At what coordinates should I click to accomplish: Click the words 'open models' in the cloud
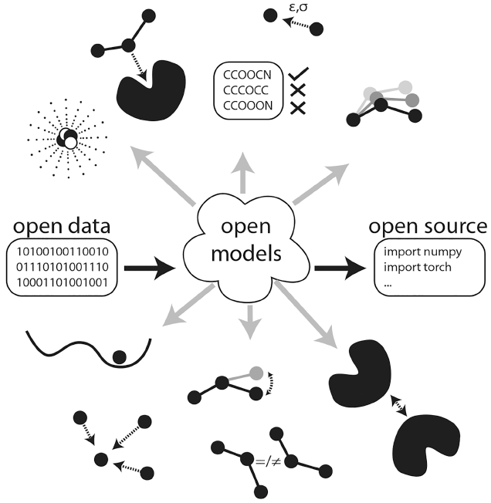pyautogui.click(x=246, y=241)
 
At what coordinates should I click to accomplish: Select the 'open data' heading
pyautogui.click(x=62, y=227)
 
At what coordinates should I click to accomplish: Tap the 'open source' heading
pyautogui.click(x=428, y=227)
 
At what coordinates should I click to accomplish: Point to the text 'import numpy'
pyautogui.click(x=422, y=252)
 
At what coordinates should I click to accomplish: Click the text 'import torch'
pyautogui.click(x=418, y=267)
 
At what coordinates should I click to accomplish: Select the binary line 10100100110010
pyautogui.click(x=63, y=251)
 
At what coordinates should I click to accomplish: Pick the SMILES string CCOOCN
pyautogui.click(x=247, y=75)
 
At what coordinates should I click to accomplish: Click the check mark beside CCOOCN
pyautogui.click(x=298, y=73)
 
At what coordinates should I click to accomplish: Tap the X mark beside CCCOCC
pyautogui.click(x=298, y=90)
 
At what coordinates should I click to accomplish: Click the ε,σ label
pyautogui.click(x=298, y=8)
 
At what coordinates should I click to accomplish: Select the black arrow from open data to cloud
pyautogui.click(x=150, y=268)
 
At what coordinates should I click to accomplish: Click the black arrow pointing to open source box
pyautogui.click(x=340, y=268)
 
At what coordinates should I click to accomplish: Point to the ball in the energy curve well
pyautogui.click(x=120, y=357)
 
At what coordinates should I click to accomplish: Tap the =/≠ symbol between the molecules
pyautogui.click(x=269, y=462)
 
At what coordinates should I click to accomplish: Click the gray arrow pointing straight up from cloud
pyautogui.click(x=242, y=173)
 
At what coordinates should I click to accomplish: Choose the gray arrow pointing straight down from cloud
pyautogui.click(x=250, y=322)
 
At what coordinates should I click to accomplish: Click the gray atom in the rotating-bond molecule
pyautogui.click(x=256, y=373)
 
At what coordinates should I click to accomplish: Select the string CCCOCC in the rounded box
pyautogui.click(x=245, y=90)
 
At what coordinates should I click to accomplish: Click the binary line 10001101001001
pyautogui.click(x=63, y=282)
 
